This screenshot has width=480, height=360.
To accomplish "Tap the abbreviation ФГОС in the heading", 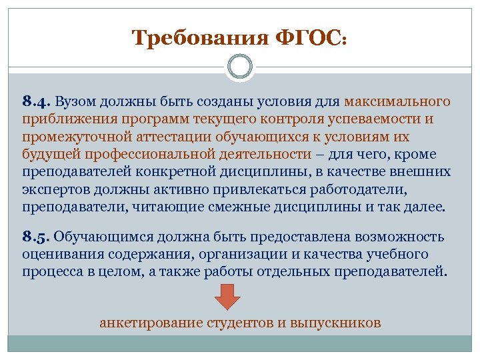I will point(309,37).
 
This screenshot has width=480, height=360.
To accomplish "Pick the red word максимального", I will point(398,102).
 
